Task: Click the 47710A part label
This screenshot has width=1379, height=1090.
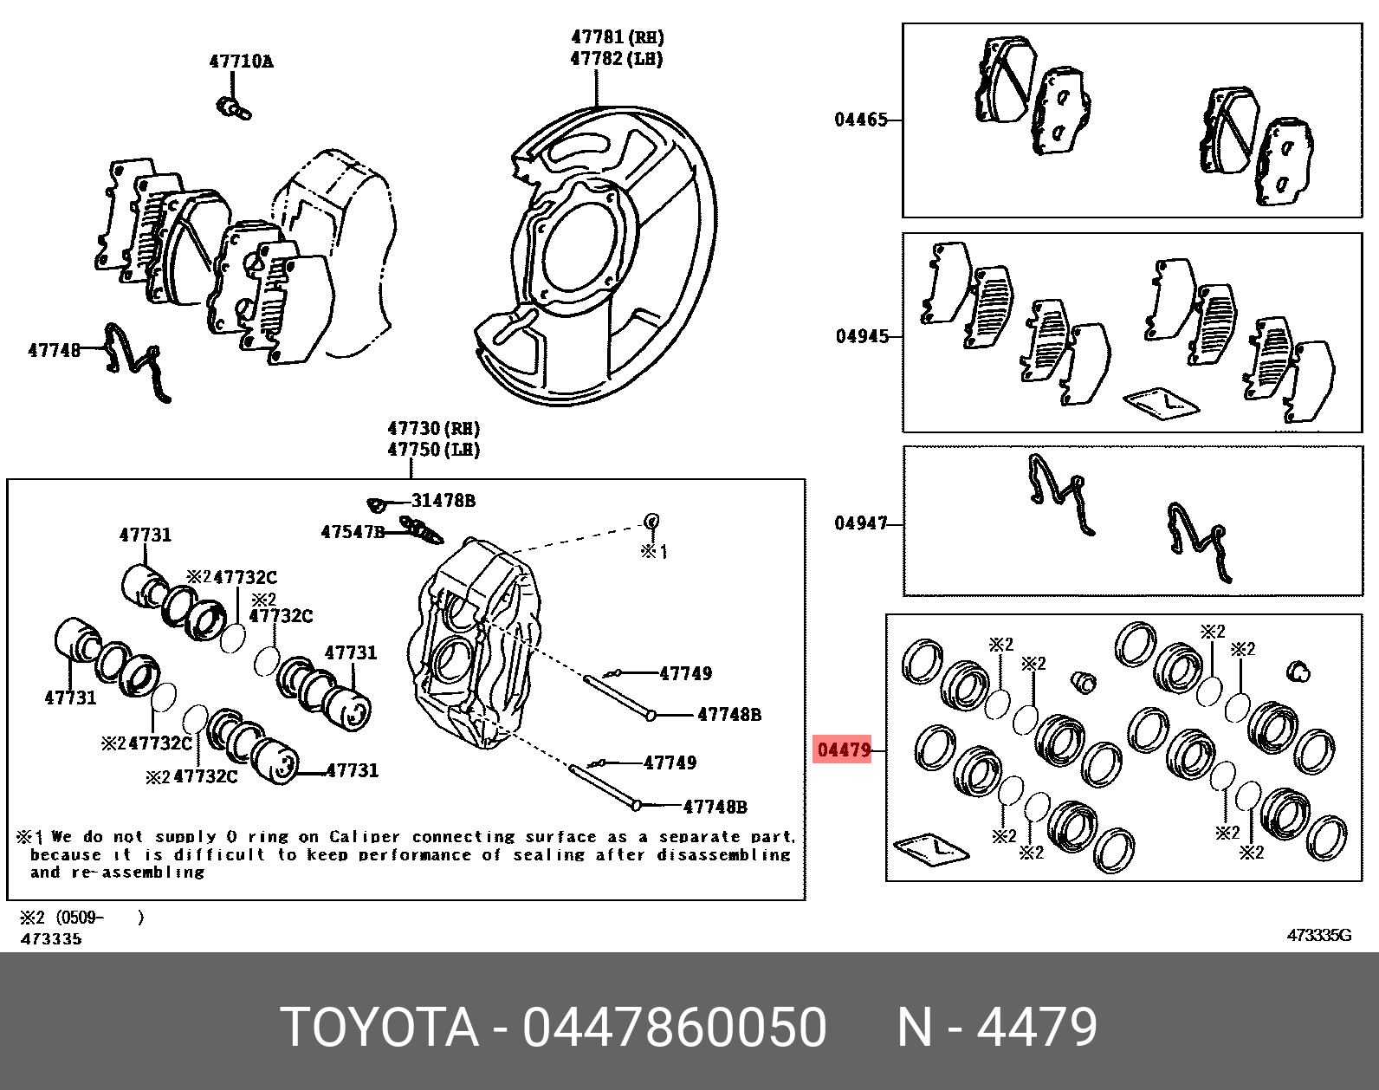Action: (241, 62)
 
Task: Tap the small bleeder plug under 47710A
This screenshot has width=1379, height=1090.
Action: (234, 108)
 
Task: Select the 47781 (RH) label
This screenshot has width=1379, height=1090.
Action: (617, 37)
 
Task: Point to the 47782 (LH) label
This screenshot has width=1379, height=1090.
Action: (617, 59)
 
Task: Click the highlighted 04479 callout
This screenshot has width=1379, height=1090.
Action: (844, 749)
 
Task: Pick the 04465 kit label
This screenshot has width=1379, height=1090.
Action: (861, 120)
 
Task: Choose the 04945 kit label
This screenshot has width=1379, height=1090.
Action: (862, 336)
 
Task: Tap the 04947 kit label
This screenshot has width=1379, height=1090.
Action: (861, 523)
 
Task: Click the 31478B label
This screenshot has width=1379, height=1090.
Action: (443, 500)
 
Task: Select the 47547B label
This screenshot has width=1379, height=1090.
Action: (353, 531)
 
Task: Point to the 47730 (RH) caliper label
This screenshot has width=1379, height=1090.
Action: (434, 428)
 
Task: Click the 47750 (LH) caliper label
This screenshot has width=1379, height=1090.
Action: (434, 450)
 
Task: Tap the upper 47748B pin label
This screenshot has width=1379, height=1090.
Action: (729, 714)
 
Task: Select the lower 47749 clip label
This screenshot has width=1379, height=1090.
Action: (670, 762)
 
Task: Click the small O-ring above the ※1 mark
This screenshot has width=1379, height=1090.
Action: (651, 521)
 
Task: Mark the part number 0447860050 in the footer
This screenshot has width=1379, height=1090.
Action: (674, 1028)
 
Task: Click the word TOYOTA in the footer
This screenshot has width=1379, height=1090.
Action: (381, 1028)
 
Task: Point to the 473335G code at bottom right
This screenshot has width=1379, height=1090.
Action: (1319, 936)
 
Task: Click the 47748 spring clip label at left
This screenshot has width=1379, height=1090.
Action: (55, 350)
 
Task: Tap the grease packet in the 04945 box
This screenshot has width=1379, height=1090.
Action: (1161, 404)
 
